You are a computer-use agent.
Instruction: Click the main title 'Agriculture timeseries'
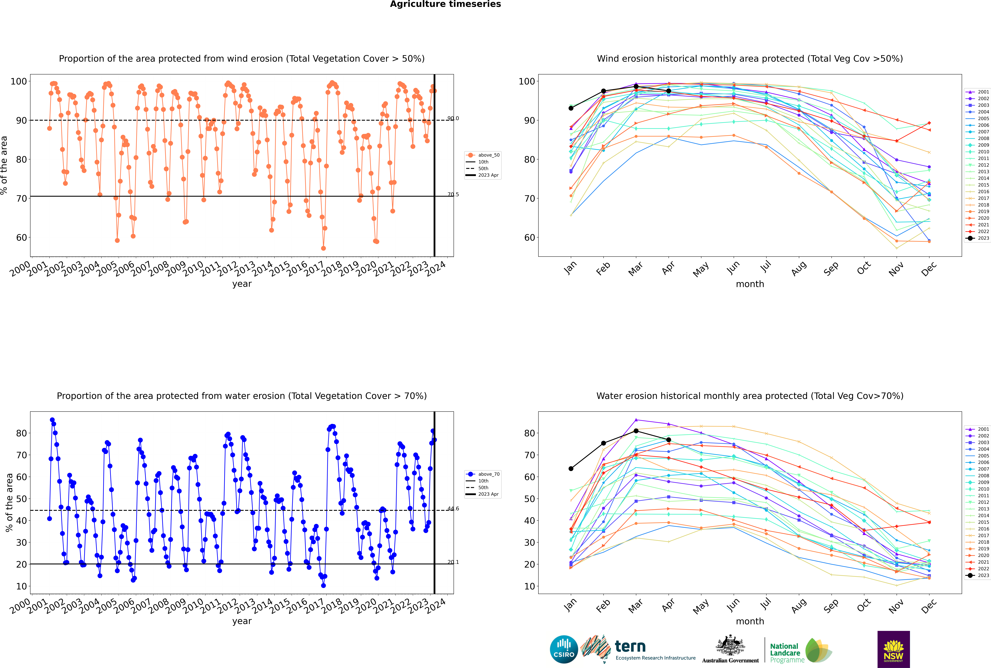coord(445,4)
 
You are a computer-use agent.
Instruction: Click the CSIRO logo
coord(564,649)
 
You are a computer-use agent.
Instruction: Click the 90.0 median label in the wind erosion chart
coord(453,118)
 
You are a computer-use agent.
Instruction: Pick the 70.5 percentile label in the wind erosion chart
coord(453,195)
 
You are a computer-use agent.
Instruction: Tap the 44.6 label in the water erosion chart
coord(453,509)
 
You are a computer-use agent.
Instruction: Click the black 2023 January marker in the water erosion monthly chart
coord(571,469)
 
